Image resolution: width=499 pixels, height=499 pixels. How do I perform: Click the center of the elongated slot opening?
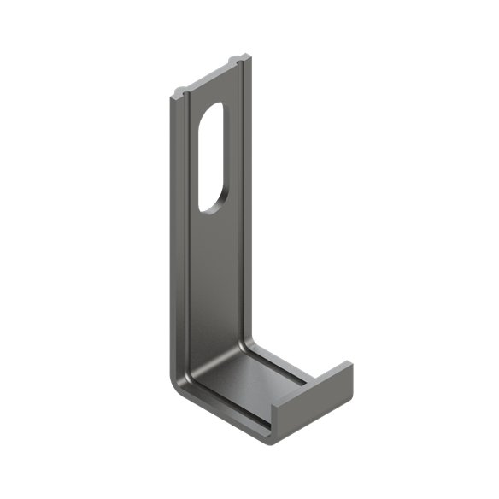[x=211, y=156]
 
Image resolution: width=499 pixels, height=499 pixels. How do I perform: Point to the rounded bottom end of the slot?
[x=208, y=206]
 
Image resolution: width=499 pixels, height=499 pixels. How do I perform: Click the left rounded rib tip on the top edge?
[x=180, y=89]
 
